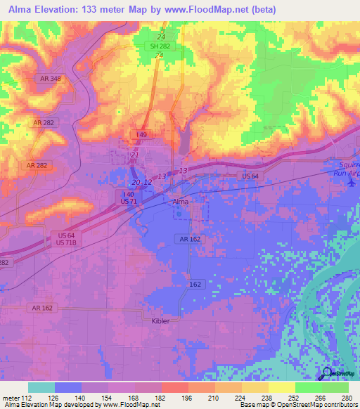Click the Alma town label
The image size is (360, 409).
click(x=181, y=201)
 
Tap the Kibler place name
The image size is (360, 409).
click(x=161, y=320)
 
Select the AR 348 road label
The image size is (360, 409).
click(x=51, y=78)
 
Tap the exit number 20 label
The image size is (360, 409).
click(x=136, y=182)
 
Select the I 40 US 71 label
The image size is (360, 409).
click(x=129, y=197)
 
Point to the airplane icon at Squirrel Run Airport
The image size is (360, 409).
click(x=352, y=182)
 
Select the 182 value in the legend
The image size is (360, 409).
click(x=160, y=397)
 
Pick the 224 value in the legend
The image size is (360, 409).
click(x=240, y=397)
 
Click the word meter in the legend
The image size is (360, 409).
click(x=10, y=397)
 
